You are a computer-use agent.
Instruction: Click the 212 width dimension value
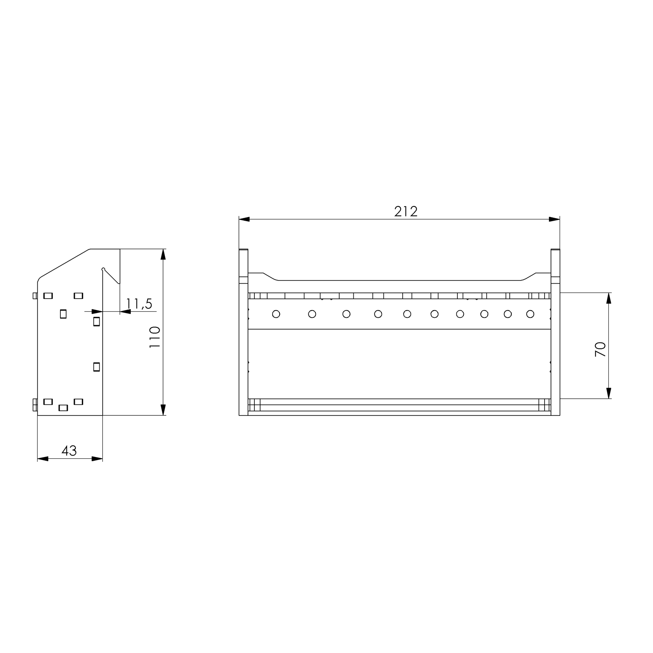[x=406, y=212]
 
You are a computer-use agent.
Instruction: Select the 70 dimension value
[x=600, y=349]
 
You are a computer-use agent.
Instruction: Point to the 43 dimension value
[x=69, y=451]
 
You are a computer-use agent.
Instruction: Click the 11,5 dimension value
[x=139, y=304]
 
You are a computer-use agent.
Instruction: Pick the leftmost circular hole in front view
[x=276, y=314]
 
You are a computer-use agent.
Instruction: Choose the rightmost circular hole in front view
[x=530, y=314]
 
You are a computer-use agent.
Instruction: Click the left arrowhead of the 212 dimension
[x=244, y=219]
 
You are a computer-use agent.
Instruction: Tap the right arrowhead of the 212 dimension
[x=555, y=219]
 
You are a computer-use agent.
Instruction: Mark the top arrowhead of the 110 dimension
[x=163, y=254]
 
